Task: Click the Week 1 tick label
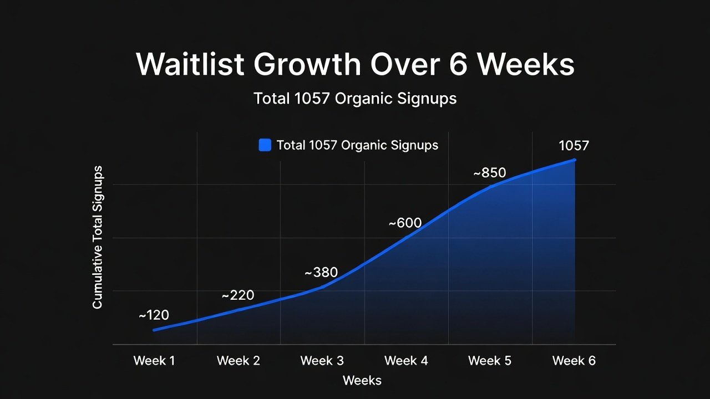pyautogui.click(x=154, y=361)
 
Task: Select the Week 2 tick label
pyautogui.click(x=238, y=361)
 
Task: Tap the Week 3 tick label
pyautogui.click(x=322, y=361)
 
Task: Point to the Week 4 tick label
pyautogui.click(x=406, y=361)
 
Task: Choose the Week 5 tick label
pyautogui.click(x=490, y=361)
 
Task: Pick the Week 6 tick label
pyautogui.click(x=574, y=361)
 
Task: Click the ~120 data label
pyautogui.click(x=154, y=315)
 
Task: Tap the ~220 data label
pyautogui.click(x=237, y=295)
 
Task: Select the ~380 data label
pyautogui.click(x=321, y=273)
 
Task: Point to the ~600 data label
pyautogui.click(x=405, y=223)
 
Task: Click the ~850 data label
pyautogui.click(x=489, y=173)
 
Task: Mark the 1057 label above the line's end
pyautogui.click(x=574, y=146)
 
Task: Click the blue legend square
pyautogui.click(x=265, y=145)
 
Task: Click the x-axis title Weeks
pyautogui.click(x=362, y=380)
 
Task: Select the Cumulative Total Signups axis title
pyautogui.click(x=98, y=237)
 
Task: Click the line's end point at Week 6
pyautogui.click(x=574, y=160)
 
